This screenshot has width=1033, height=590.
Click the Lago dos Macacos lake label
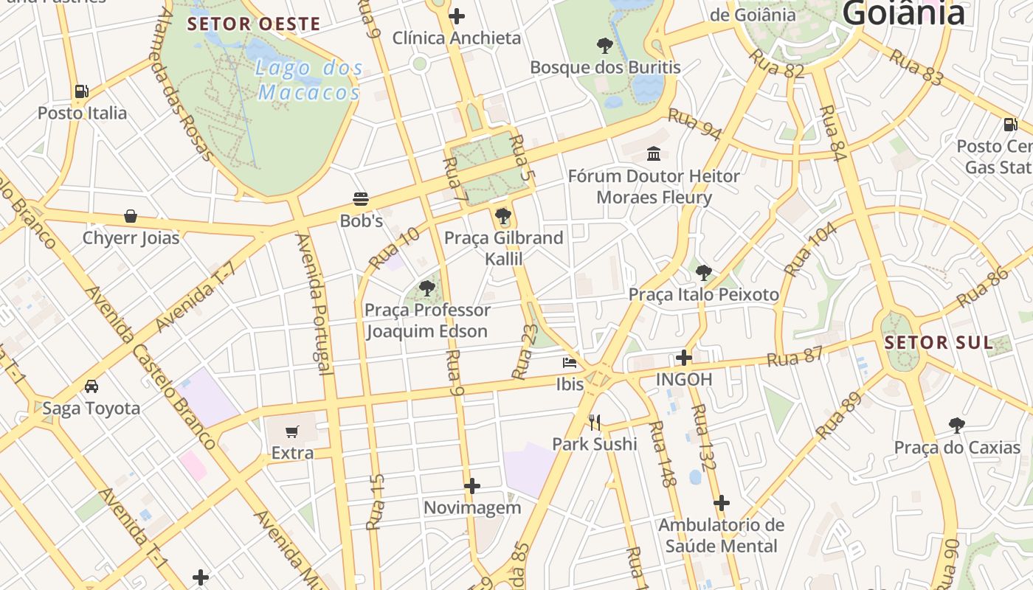coord(309,80)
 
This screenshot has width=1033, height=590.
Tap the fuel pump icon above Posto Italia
coord(81,91)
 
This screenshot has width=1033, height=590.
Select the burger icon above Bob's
coord(361,199)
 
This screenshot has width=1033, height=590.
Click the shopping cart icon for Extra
coord(293,431)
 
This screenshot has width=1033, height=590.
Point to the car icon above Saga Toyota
coord(91,386)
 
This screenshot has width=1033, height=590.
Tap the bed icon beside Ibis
coord(570,363)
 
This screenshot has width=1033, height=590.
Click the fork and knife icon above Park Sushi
coord(595,423)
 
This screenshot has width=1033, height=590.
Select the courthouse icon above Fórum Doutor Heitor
coord(654,154)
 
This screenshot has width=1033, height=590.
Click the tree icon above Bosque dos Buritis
coord(604,46)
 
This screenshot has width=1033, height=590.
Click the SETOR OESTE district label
coord(254,24)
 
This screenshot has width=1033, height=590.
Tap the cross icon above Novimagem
coord(472,486)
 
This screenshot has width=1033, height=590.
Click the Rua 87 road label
coord(795,358)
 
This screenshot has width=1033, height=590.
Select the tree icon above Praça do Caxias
coord(957,426)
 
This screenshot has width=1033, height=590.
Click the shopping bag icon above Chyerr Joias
coord(131,216)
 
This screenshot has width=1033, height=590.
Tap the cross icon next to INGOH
coord(684,358)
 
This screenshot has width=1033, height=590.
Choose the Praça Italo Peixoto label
coord(704,295)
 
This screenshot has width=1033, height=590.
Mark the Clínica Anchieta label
coord(457,38)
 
